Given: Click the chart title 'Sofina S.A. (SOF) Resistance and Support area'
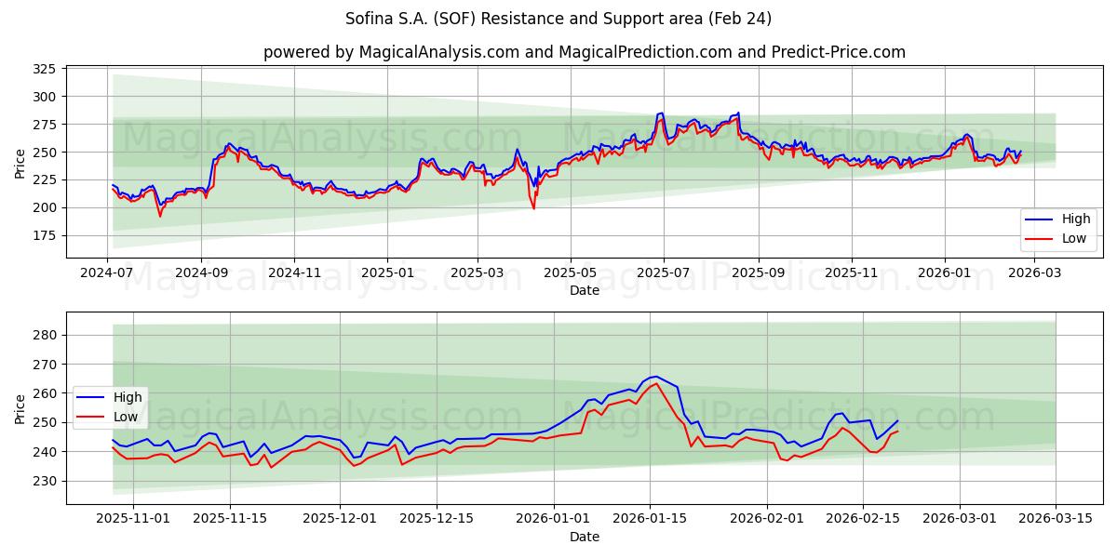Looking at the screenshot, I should (x=558, y=19).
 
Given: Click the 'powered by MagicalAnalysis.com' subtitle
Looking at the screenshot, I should (x=584, y=52).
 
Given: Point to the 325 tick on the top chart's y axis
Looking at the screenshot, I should (x=45, y=69).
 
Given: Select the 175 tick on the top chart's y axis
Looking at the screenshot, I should (x=45, y=236).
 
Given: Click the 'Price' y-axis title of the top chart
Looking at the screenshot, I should (x=20, y=164).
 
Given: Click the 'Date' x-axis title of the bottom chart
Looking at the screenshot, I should (x=584, y=537).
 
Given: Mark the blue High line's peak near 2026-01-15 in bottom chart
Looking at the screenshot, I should (x=655, y=377).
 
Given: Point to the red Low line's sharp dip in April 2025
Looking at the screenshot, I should (x=533, y=207).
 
